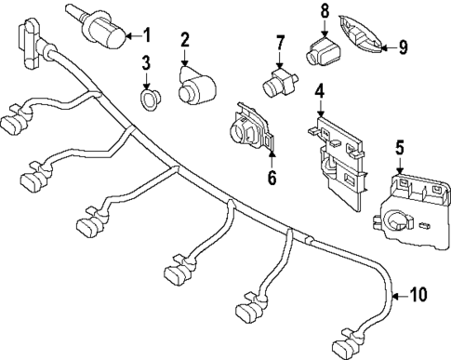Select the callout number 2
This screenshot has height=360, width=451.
pyautogui.click(x=185, y=40)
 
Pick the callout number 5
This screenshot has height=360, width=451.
pyautogui.click(x=400, y=146)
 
